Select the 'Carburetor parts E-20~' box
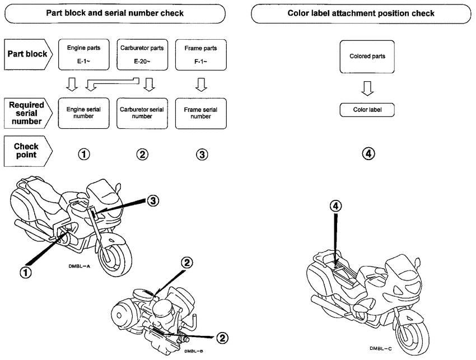point(142,54)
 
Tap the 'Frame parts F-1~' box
point(200,54)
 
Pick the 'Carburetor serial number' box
point(142,113)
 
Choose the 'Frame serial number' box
point(200,113)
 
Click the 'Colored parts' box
point(367,57)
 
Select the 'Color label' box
point(367,110)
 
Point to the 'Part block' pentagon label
point(26,54)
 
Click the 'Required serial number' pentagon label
point(26,113)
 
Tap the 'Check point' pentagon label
point(26,151)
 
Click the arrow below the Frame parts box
point(200,85)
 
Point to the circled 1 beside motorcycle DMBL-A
point(26,272)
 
